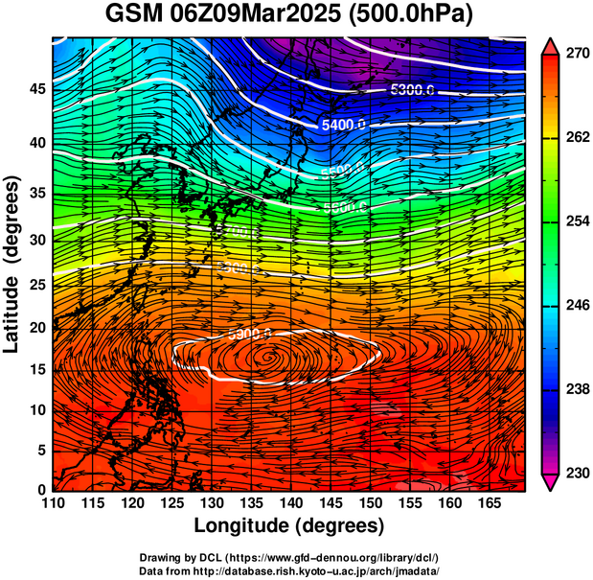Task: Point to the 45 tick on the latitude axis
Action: [x=35, y=88]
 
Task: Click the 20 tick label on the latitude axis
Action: [x=35, y=327]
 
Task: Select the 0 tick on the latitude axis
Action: [x=40, y=489]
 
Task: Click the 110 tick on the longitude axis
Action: [x=54, y=502]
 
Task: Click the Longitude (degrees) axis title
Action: [x=289, y=525]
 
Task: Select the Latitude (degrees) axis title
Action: [x=12, y=264]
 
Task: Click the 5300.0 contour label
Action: [x=413, y=90]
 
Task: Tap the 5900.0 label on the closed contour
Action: [x=251, y=335]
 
